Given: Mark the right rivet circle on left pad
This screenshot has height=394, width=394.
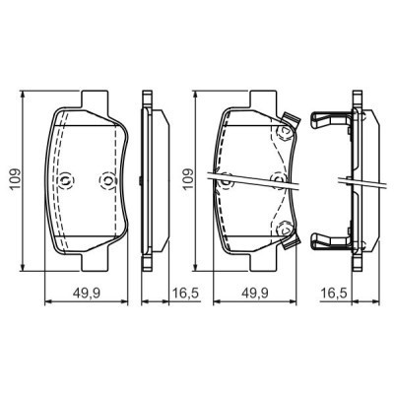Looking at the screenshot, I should click(x=108, y=180).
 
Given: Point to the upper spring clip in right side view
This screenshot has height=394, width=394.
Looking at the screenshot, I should click(x=329, y=122).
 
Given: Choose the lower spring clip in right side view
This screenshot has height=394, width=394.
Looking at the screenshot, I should click(x=329, y=239).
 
